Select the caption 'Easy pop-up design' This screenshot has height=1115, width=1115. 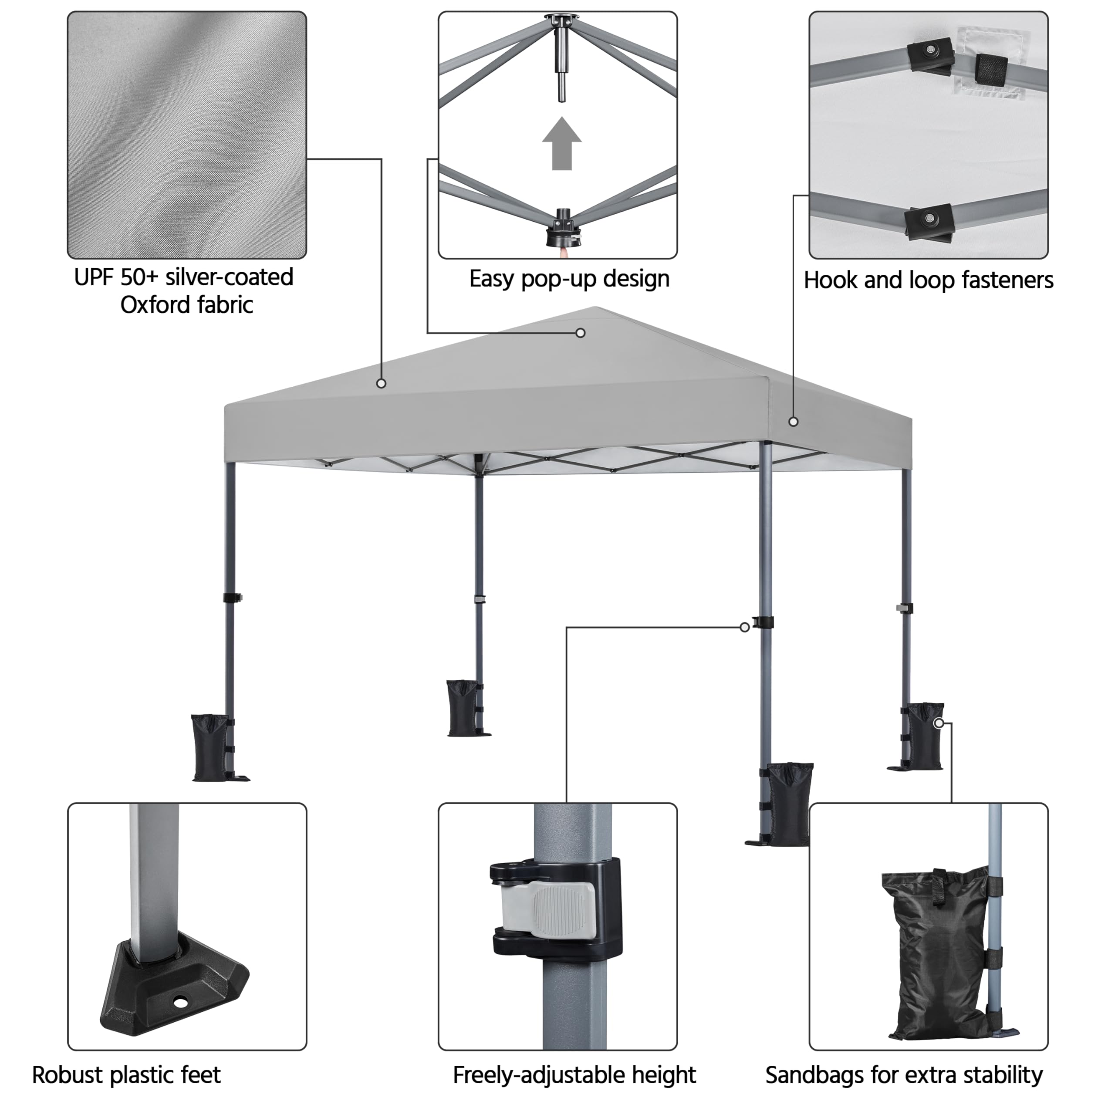coord(569,279)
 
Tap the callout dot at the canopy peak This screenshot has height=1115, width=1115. coord(581,333)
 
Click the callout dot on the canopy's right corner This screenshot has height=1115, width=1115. coord(794,422)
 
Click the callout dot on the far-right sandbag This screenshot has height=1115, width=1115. coord(939,723)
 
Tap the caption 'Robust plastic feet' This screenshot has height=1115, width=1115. coord(126,1075)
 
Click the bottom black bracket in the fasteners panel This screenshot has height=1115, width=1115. coord(928,222)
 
